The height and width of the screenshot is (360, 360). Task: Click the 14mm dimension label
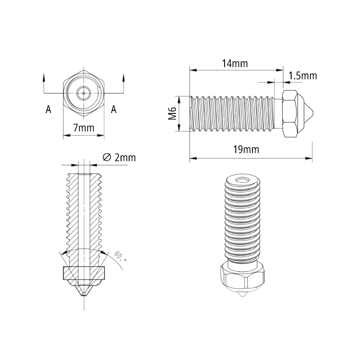click(235, 63)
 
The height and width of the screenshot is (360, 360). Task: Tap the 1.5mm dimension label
click(302, 76)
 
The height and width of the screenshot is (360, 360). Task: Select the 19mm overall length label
click(246, 149)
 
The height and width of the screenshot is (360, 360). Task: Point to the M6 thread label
click(172, 113)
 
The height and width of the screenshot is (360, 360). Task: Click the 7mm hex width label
click(84, 128)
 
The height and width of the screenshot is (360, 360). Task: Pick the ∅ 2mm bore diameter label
click(119, 157)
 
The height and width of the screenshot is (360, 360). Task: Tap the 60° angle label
click(120, 256)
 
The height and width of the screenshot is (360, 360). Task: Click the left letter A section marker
click(48, 109)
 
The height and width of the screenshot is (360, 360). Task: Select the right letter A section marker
click(114, 109)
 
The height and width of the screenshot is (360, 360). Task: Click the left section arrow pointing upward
click(44, 78)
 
